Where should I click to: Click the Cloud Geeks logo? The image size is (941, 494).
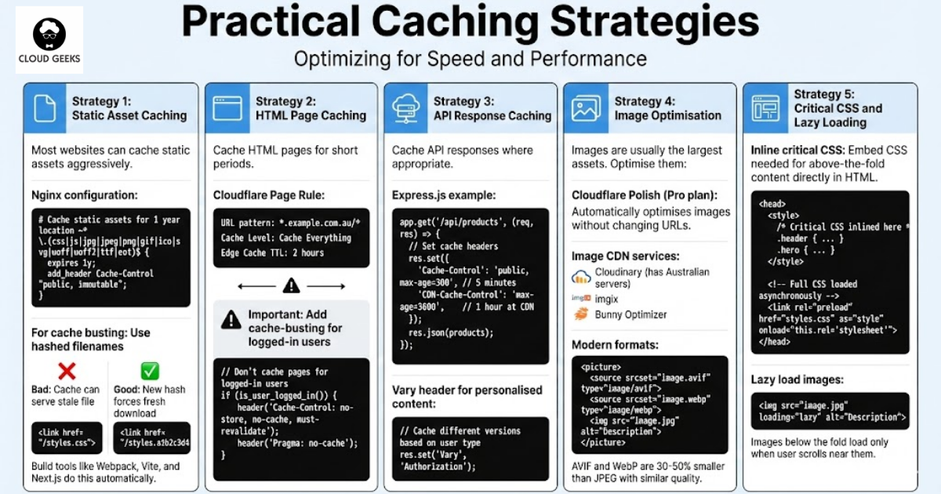point(49,39)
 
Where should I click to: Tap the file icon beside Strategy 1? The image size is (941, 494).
point(45,108)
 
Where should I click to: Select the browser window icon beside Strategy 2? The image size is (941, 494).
point(227,108)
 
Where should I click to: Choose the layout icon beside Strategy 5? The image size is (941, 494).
point(765,108)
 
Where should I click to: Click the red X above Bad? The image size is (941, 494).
point(67,370)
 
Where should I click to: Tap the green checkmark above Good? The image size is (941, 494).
point(150,370)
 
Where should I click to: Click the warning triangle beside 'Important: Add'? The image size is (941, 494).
point(231,318)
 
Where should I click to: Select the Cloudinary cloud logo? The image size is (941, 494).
point(581,276)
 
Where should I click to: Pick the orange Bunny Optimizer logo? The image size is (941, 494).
point(581,314)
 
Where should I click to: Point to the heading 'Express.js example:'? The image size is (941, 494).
point(444,194)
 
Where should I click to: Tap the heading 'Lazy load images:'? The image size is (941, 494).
point(797,380)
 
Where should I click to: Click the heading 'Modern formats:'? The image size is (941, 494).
point(613,345)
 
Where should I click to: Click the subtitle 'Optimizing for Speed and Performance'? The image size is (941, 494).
point(470,59)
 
